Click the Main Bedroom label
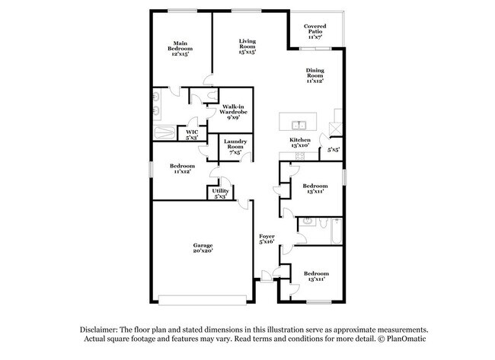tap(180, 49)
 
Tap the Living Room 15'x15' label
tap(247, 46)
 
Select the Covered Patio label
tap(315, 31)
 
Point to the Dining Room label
tap(315, 75)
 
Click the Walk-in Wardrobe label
tap(233, 112)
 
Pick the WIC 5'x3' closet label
tap(191, 135)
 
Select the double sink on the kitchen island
tap(299, 125)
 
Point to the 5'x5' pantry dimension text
tap(334, 150)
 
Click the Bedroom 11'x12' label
tap(182, 169)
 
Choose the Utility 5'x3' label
tap(220, 193)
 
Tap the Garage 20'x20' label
tap(202, 249)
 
